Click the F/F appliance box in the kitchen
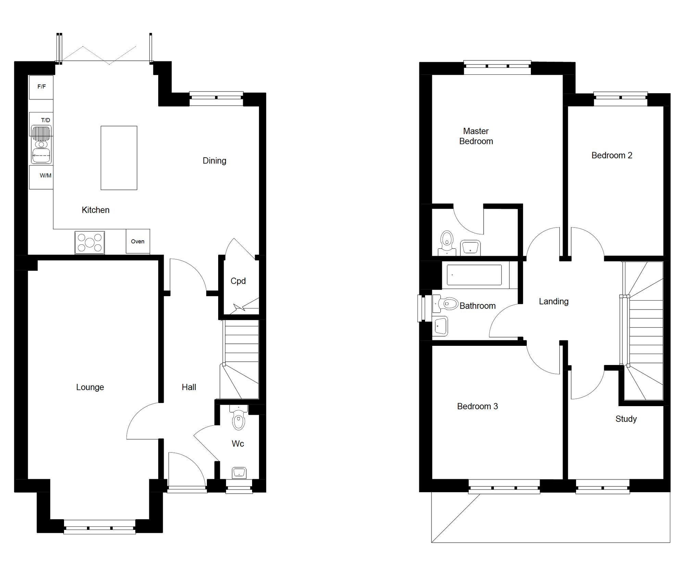point(41,87)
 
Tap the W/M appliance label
point(45,176)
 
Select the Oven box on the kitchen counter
point(138,241)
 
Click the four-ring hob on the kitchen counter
point(90,243)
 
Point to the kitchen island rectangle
point(119,158)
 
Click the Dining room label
point(214,161)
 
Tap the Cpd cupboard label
point(238,281)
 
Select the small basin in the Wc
point(239,473)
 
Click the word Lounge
point(90,387)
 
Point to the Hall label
point(189,387)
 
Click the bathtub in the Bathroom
point(474,275)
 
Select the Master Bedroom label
point(476,136)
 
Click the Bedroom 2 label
point(612,156)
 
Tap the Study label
point(626,419)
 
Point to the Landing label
point(553,302)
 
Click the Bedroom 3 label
point(477,406)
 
